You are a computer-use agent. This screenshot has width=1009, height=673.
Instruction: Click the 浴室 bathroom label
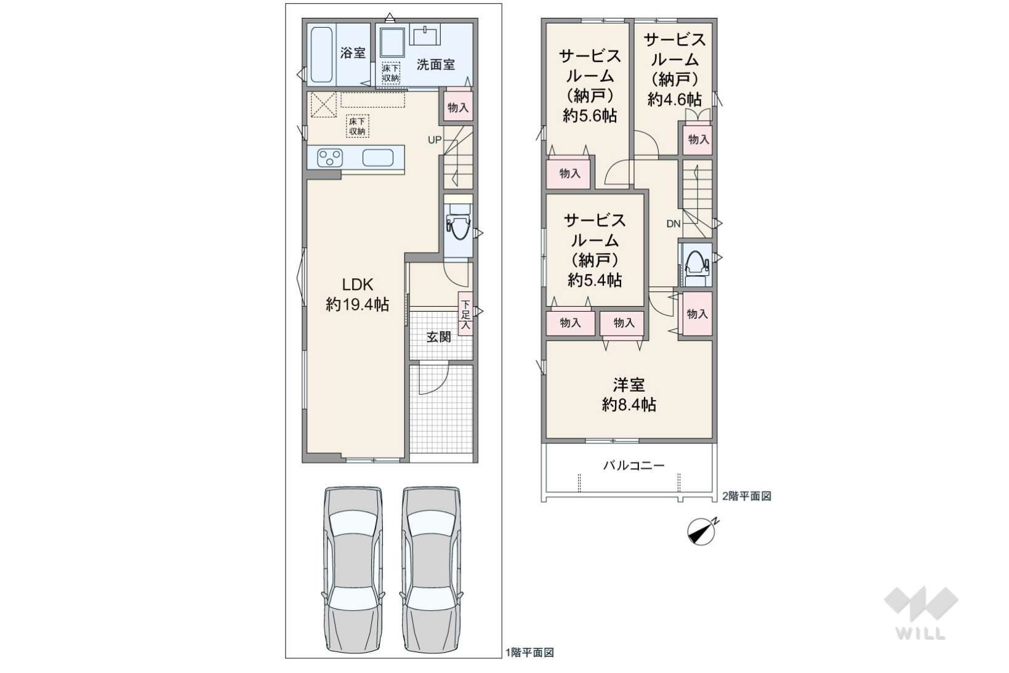(353, 53)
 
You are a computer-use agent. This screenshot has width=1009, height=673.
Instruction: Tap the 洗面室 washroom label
(436, 65)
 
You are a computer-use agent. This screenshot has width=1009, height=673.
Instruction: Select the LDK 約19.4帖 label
(357, 294)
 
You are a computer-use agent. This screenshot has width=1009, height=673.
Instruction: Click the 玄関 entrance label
(439, 336)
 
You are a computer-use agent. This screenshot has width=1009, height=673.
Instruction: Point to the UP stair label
(435, 140)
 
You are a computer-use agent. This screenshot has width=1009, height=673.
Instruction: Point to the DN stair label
(673, 224)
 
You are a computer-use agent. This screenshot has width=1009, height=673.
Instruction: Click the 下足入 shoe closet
(465, 314)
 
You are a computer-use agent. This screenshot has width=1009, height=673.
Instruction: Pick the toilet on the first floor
(458, 225)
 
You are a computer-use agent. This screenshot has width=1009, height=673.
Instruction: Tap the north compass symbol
(702, 532)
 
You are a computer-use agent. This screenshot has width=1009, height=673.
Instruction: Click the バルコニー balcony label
(633, 465)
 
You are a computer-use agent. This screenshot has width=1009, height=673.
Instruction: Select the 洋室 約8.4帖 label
(629, 395)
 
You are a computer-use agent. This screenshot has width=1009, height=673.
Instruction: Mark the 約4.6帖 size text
(675, 100)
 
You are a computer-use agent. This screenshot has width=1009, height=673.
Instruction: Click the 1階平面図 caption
(529, 652)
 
